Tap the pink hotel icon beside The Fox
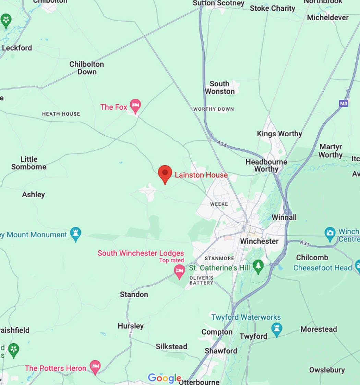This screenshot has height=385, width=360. pyautogui.click(x=135, y=105)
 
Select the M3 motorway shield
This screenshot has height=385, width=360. pyautogui.click(x=344, y=103)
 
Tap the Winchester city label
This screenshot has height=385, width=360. pyautogui.click(x=259, y=241)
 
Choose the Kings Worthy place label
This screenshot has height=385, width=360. pyautogui.click(x=279, y=134)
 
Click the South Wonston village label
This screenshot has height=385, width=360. pyautogui.click(x=219, y=87)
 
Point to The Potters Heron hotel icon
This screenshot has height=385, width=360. pyautogui.click(x=95, y=367)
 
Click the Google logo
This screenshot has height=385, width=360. pyautogui.click(x=165, y=378)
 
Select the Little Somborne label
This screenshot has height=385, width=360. pyautogui.click(x=29, y=163)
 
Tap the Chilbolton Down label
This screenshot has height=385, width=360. pyautogui.click(x=87, y=68)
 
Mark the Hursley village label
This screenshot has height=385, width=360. pyautogui.click(x=131, y=326)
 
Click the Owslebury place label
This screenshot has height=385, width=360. pyautogui.click(x=327, y=370)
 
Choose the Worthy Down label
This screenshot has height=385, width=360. pyautogui.click(x=213, y=109)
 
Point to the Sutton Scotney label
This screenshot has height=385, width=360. pyautogui.click(x=218, y=3)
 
